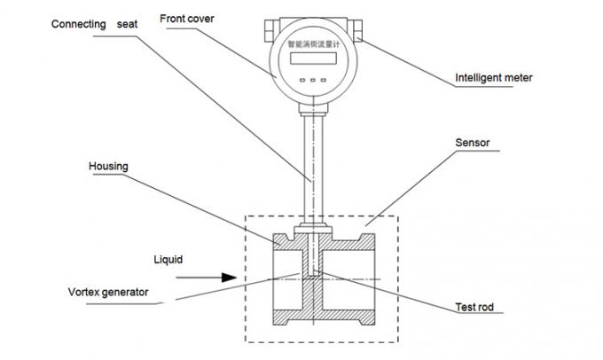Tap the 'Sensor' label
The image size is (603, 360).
[473, 141]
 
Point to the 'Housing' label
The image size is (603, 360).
[108, 166]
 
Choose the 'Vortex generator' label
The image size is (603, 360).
[109, 291]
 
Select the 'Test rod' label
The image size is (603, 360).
[476, 308]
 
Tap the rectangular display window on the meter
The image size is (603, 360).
[311, 59]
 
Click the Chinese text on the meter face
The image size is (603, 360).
[312, 42]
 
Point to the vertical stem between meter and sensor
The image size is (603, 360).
[312, 168]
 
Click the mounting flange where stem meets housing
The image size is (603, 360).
[312, 230]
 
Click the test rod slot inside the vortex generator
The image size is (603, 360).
[313, 262]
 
